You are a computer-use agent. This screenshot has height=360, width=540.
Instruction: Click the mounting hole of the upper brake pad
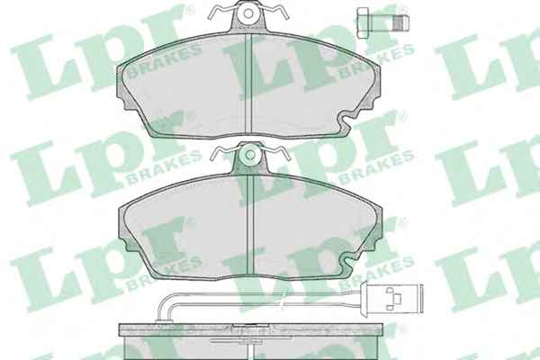[x=248, y=13]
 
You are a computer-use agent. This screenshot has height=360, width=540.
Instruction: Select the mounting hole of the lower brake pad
[x=250, y=155]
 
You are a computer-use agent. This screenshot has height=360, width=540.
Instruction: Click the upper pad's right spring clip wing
[x=274, y=12]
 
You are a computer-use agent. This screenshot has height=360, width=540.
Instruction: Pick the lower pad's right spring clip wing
[x=276, y=153]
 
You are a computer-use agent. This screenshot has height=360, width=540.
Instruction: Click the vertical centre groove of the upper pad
[x=248, y=84]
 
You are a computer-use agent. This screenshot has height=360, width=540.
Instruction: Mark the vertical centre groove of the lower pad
[x=250, y=225]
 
